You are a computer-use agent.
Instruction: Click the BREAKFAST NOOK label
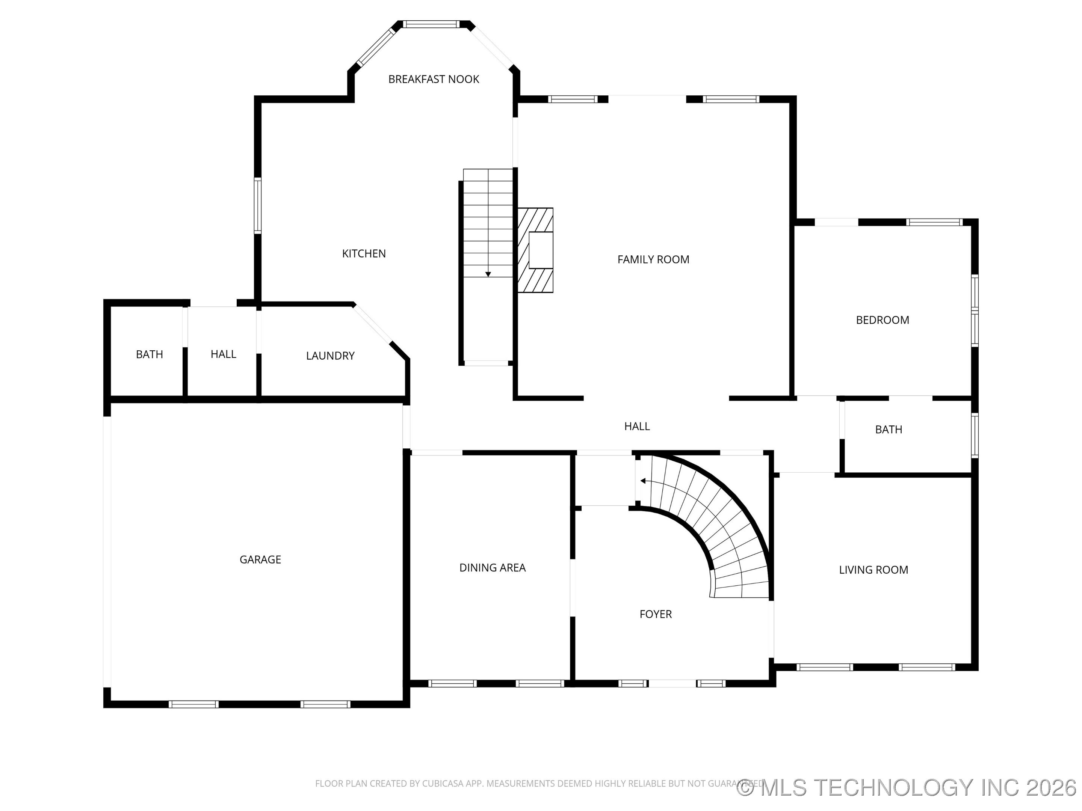(434, 79)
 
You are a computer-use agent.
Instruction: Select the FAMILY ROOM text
(653, 259)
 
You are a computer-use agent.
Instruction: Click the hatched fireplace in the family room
(536, 250)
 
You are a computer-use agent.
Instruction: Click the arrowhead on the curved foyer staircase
(643, 481)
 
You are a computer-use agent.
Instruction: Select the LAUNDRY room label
(330, 356)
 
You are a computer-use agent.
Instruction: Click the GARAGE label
(260, 560)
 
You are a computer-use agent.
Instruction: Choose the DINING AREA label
(492, 568)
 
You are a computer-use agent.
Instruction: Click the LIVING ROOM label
(873, 570)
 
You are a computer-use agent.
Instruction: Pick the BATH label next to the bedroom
(888, 429)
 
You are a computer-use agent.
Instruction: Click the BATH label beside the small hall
(149, 354)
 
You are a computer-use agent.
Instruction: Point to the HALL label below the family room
(637, 426)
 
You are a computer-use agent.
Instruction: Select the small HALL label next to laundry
(223, 354)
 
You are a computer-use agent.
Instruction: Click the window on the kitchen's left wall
(257, 205)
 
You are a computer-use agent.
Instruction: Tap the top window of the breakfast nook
(431, 24)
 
